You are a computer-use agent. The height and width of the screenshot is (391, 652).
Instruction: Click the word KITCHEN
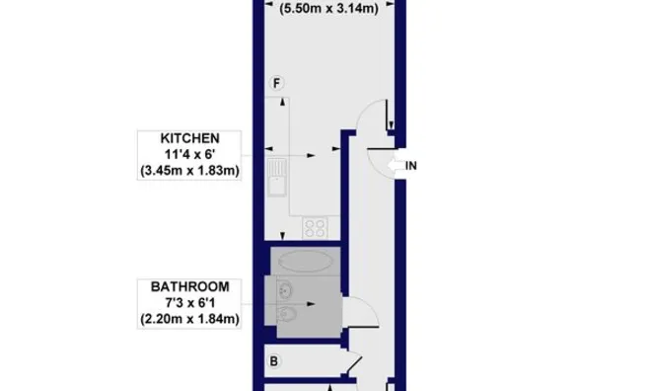[191, 137]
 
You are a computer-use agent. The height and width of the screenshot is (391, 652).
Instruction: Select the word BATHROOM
[190, 286]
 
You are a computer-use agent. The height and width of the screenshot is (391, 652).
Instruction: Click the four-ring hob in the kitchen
[317, 228]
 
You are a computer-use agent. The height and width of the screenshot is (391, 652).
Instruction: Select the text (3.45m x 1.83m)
[191, 172]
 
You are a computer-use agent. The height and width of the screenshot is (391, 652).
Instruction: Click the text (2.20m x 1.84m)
[191, 320]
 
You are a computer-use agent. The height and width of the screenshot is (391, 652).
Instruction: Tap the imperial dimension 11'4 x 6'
[191, 154]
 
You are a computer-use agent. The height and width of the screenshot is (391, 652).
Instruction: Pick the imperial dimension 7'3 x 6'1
[190, 303]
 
